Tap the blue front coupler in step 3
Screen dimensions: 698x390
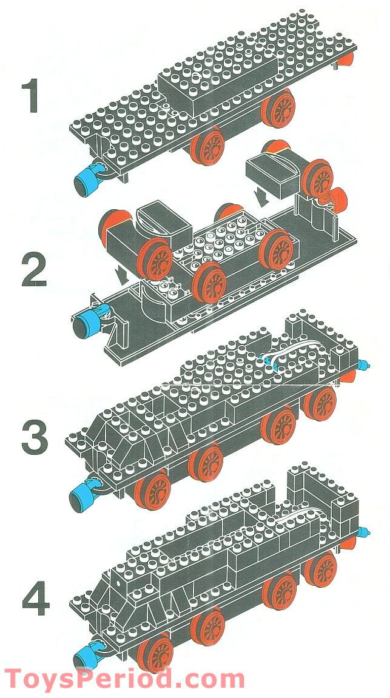[85, 494]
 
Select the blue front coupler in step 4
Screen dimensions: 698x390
[85, 655]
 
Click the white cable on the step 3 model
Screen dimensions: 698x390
[284, 355]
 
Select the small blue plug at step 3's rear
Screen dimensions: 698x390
[364, 365]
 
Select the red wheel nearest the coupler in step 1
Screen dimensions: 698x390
[207, 146]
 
